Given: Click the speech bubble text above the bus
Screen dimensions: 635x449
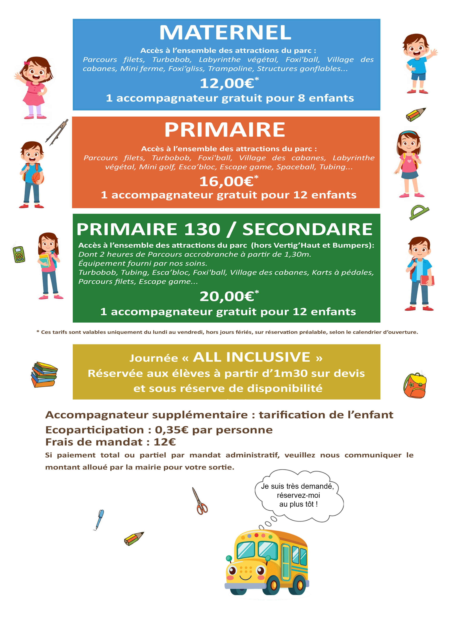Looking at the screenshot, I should tap(298, 495).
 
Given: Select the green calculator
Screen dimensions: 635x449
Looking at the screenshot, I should tap(19, 254).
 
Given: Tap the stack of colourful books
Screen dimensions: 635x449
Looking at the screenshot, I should tap(44, 375).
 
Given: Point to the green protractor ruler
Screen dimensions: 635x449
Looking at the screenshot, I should tap(419, 212).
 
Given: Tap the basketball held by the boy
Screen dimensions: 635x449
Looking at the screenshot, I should tap(38, 178).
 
